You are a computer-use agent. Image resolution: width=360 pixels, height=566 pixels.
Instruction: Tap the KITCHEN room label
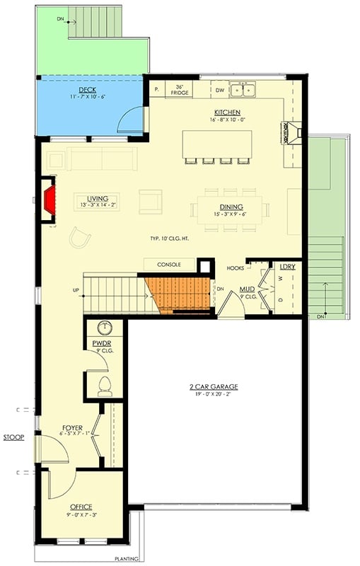tap(227, 112)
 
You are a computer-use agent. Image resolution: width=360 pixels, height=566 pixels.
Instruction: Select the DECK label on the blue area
tap(88, 90)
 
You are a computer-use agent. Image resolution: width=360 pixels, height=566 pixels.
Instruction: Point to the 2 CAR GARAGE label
tap(213, 386)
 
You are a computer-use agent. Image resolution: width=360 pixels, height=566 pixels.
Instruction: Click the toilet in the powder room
tap(105, 385)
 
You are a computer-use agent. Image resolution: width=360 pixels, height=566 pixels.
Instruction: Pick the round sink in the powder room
tap(105, 328)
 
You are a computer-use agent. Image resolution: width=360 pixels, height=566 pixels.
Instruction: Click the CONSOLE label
tap(169, 265)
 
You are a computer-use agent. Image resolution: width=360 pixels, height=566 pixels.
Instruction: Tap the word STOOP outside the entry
tap(13, 438)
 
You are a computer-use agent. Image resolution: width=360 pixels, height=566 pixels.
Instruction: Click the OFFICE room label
tap(81, 507)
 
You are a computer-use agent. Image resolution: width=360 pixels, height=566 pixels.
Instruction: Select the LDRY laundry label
tap(286, 267)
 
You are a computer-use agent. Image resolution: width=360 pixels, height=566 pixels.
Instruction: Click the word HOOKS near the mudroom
tap(236, 268)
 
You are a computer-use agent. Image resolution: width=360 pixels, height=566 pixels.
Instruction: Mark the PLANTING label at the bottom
tap(127, 558)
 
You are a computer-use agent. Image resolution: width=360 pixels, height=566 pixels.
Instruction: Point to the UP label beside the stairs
tap(76, 290)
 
